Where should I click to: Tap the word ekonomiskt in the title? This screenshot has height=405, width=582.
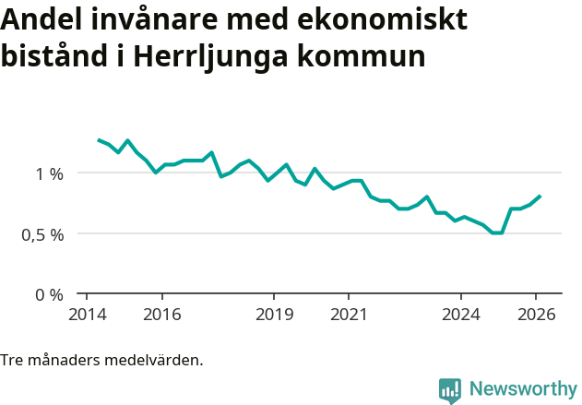(393, 20)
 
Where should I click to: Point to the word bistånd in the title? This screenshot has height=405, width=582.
(55, 56)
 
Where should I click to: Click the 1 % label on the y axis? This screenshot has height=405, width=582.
(49, 173)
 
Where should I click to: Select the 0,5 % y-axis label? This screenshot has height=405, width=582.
(42, 234)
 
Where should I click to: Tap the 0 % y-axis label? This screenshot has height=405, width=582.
(49, 295)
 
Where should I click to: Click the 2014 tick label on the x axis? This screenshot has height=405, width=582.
(87, 315)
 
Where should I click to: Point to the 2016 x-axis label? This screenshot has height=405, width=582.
(161, 315)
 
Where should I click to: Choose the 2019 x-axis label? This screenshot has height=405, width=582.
(274, 315)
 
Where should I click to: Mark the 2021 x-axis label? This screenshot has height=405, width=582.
(349, 315)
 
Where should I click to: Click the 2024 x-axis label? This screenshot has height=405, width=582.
(461, 315)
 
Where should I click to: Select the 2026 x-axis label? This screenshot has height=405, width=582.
(536, 315)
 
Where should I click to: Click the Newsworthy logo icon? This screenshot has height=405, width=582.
(450, 390)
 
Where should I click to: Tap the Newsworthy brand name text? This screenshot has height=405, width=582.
(522, 389)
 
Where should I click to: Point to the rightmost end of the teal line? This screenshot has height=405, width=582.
(540, 196)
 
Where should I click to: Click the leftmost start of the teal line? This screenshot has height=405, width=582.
(99, 139)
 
